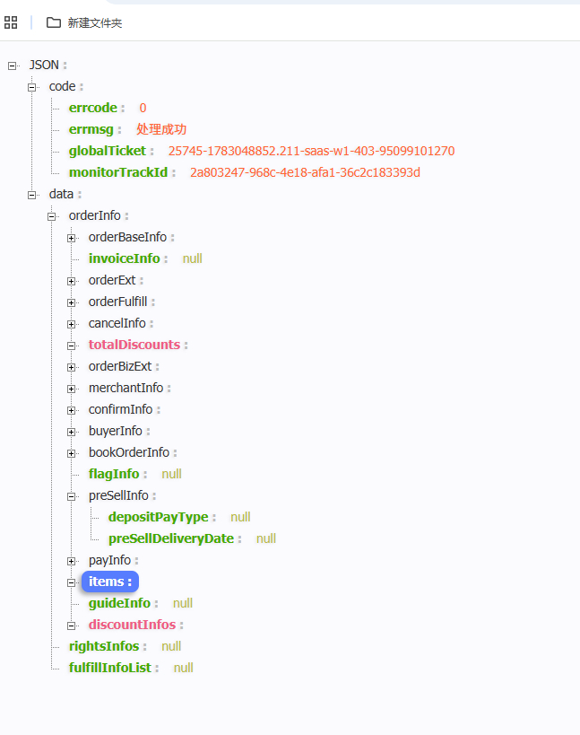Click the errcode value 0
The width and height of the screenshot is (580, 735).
point(143,108)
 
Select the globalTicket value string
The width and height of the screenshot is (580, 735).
point(311,151)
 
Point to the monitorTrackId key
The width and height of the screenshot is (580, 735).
point(118,172)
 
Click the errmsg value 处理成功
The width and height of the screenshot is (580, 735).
point(161,129)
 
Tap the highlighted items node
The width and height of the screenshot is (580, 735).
point(110,582)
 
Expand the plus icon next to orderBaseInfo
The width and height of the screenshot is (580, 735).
point(71,238)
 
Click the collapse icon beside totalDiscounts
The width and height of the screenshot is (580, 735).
point(71,346)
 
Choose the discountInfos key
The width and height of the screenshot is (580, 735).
point(132,625)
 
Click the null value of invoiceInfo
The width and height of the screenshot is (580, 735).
point(193,258)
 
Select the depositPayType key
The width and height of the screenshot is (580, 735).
point(159,517)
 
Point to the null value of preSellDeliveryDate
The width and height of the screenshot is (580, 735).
point(266,538)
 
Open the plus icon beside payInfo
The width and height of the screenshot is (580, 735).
point(71,562)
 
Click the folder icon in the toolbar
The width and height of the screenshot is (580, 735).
point(54,22)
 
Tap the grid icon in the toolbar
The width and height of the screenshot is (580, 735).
point(11,22)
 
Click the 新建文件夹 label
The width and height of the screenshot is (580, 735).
point(95,23)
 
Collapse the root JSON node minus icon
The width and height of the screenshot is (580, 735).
point(13,66)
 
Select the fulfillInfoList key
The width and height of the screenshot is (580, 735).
point(110,668)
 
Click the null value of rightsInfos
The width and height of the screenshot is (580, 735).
point(171,646)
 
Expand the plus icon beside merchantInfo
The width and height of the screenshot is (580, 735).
point(71,389)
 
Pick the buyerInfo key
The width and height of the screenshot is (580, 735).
point(115,432)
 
